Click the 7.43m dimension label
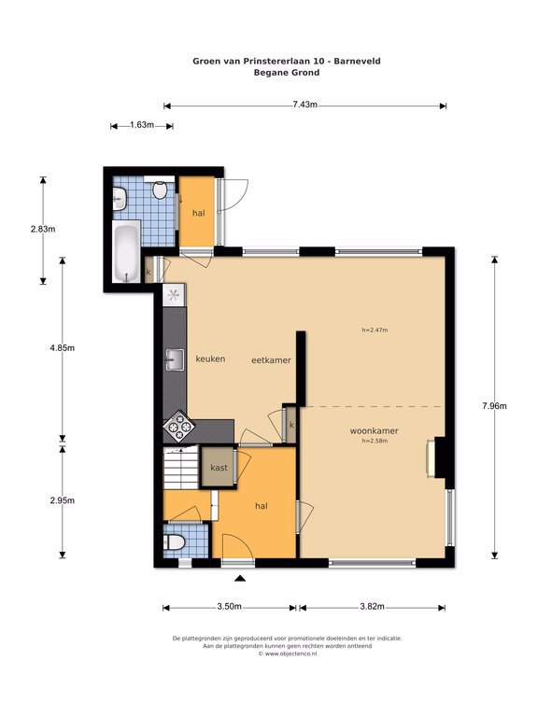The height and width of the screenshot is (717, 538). [304, 105]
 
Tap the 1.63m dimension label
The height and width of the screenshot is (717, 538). [142, 124]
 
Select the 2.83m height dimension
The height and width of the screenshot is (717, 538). [43, 229]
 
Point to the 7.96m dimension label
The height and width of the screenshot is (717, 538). [494, 405]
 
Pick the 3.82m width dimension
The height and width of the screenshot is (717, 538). [372, 606]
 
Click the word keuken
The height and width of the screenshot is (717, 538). [210, 358]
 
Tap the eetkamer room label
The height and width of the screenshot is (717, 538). [271, 360]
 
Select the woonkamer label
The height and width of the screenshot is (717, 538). [375, 430]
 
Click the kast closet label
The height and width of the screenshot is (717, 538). [219, 468]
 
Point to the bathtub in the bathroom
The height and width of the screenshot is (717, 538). [126, 251]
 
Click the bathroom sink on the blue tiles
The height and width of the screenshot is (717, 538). [120, 199]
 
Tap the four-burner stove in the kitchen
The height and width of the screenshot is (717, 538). [179, 427]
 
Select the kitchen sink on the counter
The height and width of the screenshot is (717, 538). [175, 359]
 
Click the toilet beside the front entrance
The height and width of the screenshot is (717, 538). [175, 542]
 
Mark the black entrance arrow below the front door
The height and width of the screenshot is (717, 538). [240, 579]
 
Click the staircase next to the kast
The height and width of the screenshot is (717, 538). [181, 468]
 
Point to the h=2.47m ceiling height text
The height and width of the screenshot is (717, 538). [375, 330]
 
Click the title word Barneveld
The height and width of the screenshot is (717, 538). [357, 61]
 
